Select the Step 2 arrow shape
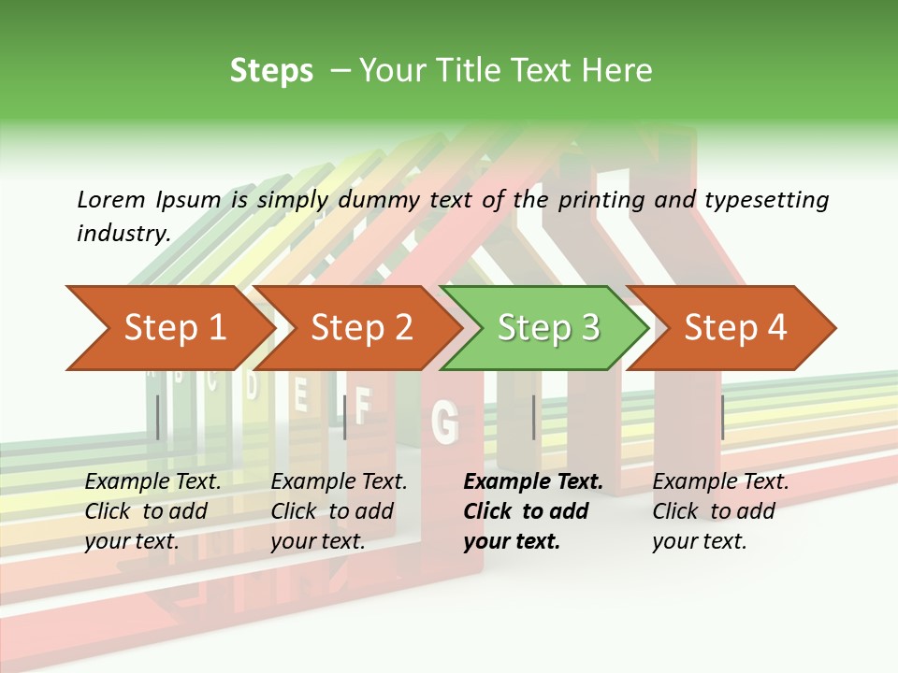tap(360, 328)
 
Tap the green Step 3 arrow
tap(547, 328)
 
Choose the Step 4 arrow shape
tap(734, 328)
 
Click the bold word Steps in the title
tap(271, 71)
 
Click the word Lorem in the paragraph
tap(110, 199)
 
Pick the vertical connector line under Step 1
tap(158, 417)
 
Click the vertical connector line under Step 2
tap(345, 417)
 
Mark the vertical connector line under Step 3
tap(534, 417)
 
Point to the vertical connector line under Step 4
tap(723, 417)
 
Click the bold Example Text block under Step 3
tap(532, 511)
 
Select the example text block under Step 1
tap(152, 511)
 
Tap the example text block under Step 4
tap(720, 511)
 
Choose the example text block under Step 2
tap(339, 511)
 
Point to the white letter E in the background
tap(301, 395)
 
